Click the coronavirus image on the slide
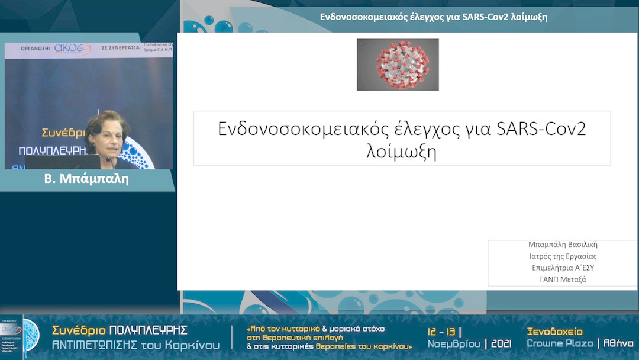(x=398, y=65)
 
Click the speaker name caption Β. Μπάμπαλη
(x=86, y=179)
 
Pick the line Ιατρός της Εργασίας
(x=563, y=256)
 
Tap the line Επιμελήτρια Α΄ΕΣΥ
(x=563, y=268)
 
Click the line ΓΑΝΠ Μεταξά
(x=563, y=279)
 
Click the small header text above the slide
(x=433, y=17)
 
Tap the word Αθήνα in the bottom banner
(x=619, y=344)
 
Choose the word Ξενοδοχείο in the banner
(x=554, y=332)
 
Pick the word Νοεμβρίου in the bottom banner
(x=453, y=344)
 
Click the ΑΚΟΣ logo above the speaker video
(x=73, y=49)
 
